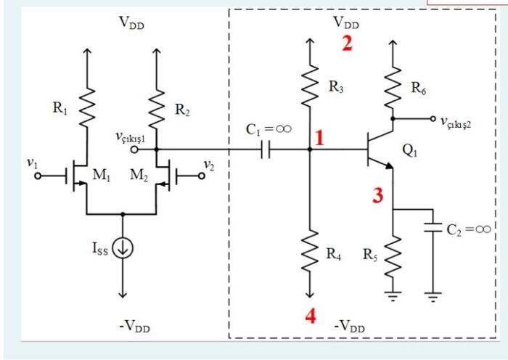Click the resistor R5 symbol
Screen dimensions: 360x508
(x=393, y=255)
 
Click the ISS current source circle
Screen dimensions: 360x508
(x=122, y=249)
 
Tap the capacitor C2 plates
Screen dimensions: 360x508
(x=433, y=229)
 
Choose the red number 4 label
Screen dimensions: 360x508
(x=310, y=317)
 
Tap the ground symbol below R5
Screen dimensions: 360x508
(x=393, y=295)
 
